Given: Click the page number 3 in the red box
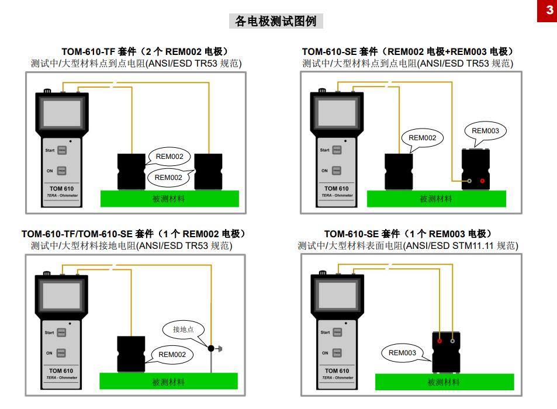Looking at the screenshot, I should point(549,10).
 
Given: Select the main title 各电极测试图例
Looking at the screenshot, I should point(275,22).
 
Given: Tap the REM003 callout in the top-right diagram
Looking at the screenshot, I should point(485,131).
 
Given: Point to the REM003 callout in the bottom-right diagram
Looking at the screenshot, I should point(402,353).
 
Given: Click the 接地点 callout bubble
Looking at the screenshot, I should point(183,330).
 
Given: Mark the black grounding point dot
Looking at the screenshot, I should point(211,349).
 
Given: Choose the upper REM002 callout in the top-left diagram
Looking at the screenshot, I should point(169,157).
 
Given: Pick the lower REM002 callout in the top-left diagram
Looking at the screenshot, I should point(168,178).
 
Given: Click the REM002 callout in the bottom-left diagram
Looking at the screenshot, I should point(172,355).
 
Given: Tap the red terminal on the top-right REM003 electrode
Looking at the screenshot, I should point(482,181).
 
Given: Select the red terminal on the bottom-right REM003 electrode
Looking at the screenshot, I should point(440,341).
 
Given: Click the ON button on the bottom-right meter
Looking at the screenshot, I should point(337,353).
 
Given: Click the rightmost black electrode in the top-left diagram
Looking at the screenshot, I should point(208,171).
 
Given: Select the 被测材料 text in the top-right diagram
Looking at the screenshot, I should point(436,199).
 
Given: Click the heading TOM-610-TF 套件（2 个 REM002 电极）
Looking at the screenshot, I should point(145,52).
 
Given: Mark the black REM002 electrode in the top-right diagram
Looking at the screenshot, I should point(399,171).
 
